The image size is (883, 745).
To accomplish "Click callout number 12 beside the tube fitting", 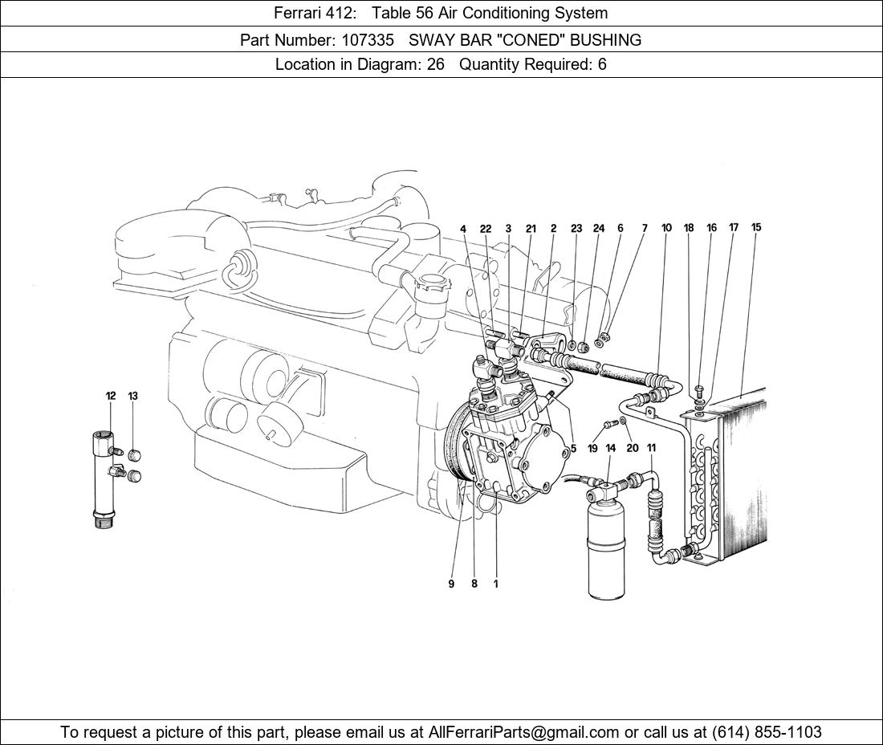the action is [x=111, y=396].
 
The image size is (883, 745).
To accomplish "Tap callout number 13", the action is [x=132, y=396].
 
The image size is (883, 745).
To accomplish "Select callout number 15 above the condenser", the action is [x=755, y=227].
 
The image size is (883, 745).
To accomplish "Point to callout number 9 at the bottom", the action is [x=451, y=584].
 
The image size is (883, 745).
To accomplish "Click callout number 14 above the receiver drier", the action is [x=610, y=448].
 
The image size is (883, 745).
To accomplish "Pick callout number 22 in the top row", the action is [x=486, y=229].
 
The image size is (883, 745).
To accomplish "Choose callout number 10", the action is [x=666, y=227].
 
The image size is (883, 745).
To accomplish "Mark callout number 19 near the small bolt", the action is [x=592, y=448].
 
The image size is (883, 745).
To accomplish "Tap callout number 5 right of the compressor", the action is [x=573, y=448].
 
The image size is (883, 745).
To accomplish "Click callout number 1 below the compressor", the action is [x=495, y=584].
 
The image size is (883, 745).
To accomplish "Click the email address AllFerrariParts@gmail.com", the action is [x=523, y=732].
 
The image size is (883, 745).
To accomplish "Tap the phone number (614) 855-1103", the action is [x=767, y=732].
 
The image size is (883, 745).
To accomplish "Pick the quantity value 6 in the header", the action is [x=602, y=64].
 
